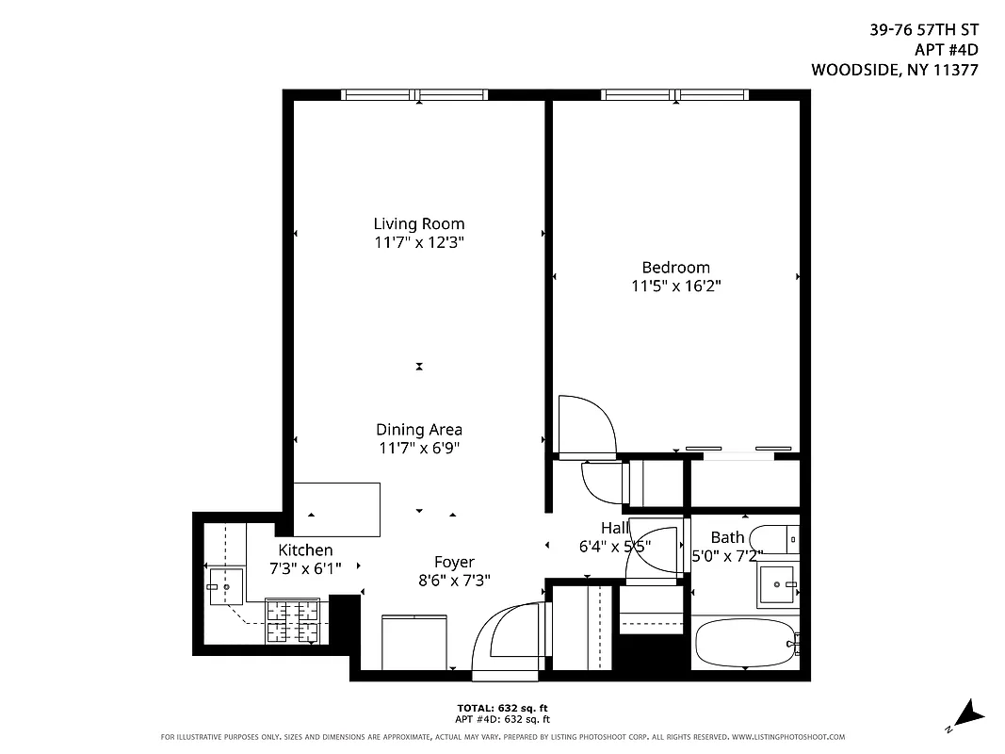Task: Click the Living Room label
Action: coord(418,224)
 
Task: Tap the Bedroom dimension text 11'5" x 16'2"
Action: coord(675,286)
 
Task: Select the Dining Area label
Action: coord(419,430)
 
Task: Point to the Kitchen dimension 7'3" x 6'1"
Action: coord(305,567)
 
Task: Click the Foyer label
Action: coord(454,563)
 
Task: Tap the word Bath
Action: coord(727,538)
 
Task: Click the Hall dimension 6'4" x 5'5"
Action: coord(613,546)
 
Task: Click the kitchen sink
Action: coord(225,585)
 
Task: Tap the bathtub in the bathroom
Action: coord(745,644)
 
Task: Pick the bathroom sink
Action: coord(779,584)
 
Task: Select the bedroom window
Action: coord(675,94)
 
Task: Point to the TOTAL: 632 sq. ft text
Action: coord(502,707)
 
